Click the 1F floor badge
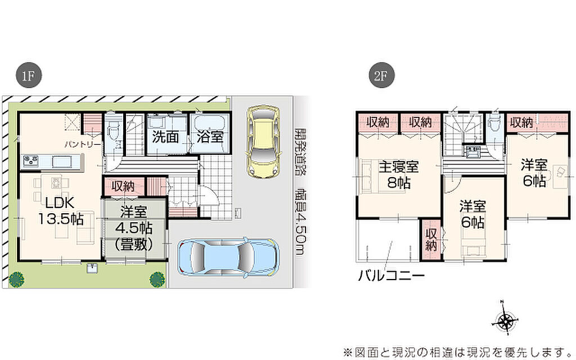[28, 76]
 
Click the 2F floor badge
[381, 76]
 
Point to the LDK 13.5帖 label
[61, 211]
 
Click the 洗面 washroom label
[165, 137]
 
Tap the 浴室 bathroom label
[210, 137]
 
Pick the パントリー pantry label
[82, 145]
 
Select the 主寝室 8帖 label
[399, 174]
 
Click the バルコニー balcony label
[391, 275]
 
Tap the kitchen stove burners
[30, 160]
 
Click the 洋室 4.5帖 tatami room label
[134, 228]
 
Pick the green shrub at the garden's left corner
[16, 280]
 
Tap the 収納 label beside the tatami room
[123, 187]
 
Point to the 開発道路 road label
[301, 152]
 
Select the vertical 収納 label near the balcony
[431, 240]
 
